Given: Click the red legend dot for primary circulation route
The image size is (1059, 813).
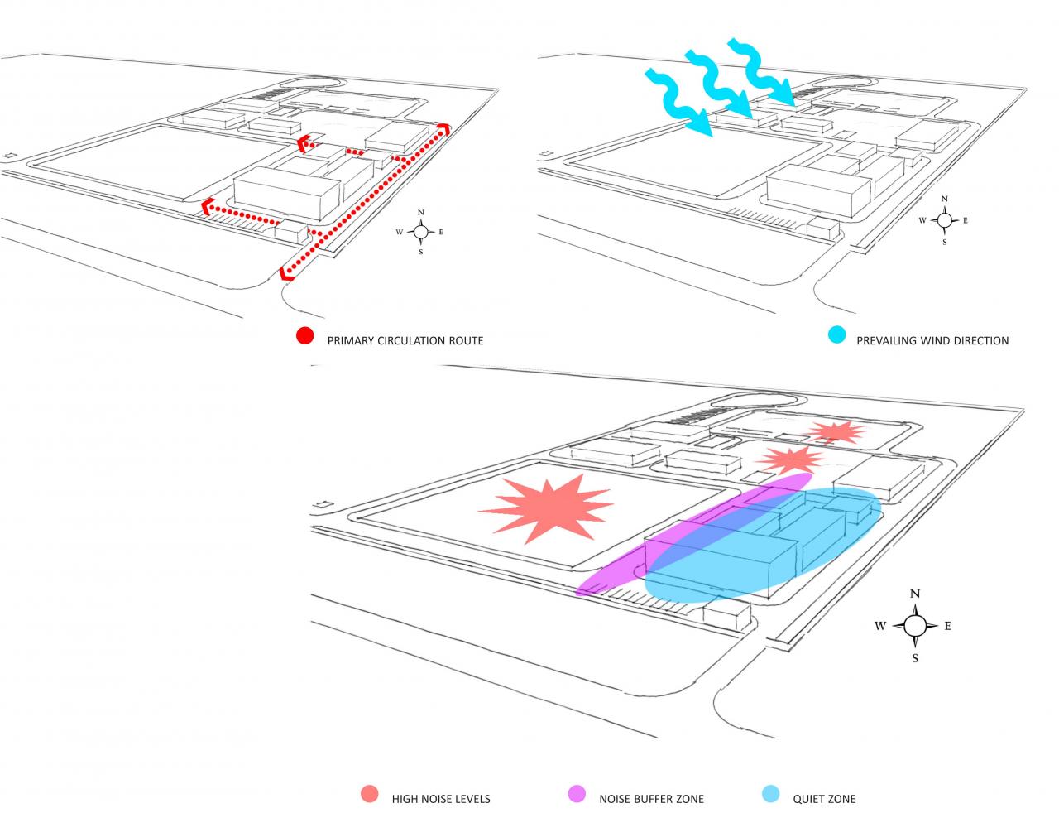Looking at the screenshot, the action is [x=305, y=335].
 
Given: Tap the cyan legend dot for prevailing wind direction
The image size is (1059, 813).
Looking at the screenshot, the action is [x=836, y=334].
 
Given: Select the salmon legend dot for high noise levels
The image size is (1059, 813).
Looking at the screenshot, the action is [x=370, y=794].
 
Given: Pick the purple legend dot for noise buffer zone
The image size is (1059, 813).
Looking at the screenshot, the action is [x=577, y=794].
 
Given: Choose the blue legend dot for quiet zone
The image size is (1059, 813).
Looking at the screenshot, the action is [x=770, y=794].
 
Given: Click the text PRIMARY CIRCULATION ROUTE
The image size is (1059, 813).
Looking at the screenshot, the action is [x=405, y=341].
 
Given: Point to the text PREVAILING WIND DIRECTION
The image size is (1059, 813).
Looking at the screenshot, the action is [x=932, y=341].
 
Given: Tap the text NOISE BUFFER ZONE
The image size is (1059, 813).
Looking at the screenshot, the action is [x=651, y=799].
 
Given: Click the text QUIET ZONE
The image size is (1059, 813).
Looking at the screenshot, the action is [x=823, y=799].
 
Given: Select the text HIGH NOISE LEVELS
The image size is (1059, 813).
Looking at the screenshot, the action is [x=440, y=799].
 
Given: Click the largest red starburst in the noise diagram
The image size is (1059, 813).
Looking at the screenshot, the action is [x=546, y=508].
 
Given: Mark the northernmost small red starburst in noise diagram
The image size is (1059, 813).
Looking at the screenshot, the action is [x=835, y=432].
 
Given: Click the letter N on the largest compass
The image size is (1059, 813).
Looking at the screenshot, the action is [x=915, y=594].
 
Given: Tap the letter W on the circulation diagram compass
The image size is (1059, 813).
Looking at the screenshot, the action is [x=399, y=232].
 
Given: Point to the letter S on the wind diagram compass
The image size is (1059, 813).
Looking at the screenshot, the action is [x=945, y=242].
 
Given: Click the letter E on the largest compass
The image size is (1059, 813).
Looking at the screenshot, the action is [x=948, y=626].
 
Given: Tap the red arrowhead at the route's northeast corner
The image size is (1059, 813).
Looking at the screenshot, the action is [x=443, y=129].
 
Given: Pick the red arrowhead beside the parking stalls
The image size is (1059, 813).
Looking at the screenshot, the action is [x=207, y=206].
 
